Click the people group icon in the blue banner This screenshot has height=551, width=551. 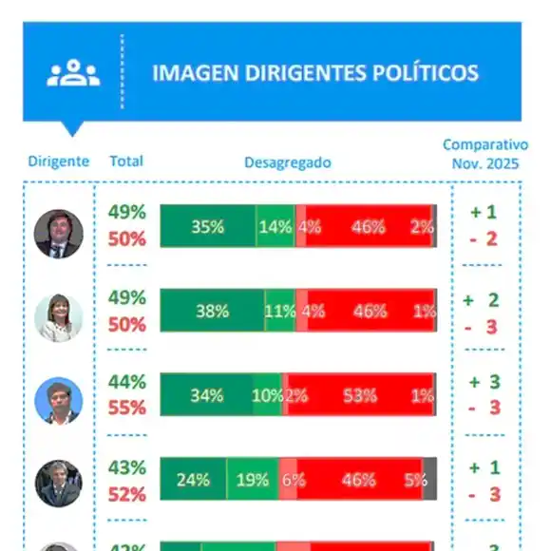tap(73, 73)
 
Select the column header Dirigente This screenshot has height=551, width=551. tap(59, 161)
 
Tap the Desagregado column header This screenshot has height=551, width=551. tap(288, 162)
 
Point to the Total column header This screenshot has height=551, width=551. tap(126, 161)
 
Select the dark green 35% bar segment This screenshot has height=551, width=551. tap(207, 226)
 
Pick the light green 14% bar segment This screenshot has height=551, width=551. tap(275, 226)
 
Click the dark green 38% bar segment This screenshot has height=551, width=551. tap(212, 311)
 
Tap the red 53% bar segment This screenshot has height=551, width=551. tap(359, 395)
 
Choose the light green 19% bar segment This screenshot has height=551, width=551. tap(253, 480)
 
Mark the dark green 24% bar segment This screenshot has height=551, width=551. tap(193, 480)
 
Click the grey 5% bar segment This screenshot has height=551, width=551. tap(429, 480)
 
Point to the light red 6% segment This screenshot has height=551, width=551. tap(288, 480)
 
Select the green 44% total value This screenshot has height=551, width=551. tap(126, 382)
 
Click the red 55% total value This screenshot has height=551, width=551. tap(126, 408)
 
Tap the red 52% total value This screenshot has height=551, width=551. tap(126, 494)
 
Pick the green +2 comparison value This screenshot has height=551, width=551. tap(483, 299)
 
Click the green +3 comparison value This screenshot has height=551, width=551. tap(483, 383)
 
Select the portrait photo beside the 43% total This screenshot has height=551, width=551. tap(59, 483)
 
